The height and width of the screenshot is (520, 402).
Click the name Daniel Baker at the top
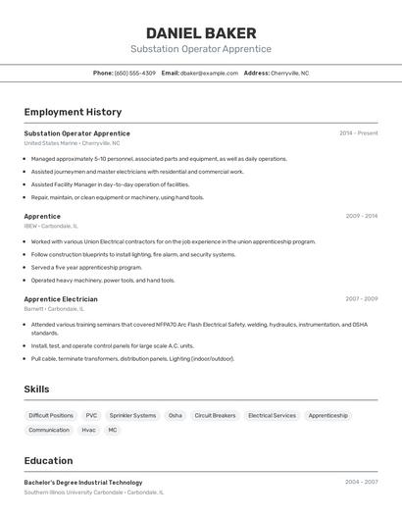201,32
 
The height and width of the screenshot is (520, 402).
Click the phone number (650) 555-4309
134,73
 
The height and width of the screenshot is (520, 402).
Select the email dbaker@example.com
209,73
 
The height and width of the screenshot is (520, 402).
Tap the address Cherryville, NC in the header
289,73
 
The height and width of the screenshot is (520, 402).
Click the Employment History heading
73,112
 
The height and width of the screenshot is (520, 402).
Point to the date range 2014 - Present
358,132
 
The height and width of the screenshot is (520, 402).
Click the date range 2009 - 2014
361,216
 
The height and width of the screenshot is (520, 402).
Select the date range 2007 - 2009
361,298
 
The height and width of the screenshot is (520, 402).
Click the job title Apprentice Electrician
61,299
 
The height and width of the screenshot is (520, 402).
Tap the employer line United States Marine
51,143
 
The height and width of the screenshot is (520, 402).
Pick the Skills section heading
36,390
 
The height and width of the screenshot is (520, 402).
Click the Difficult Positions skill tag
51,415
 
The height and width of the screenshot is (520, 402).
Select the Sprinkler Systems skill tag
132,415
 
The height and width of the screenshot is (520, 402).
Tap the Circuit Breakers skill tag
215,415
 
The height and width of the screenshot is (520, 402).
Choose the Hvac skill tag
88,430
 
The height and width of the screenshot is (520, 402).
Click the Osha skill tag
176,415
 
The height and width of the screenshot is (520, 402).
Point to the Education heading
48,460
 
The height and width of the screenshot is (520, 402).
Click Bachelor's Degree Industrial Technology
83,482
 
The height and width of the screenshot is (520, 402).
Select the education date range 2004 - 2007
361,482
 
